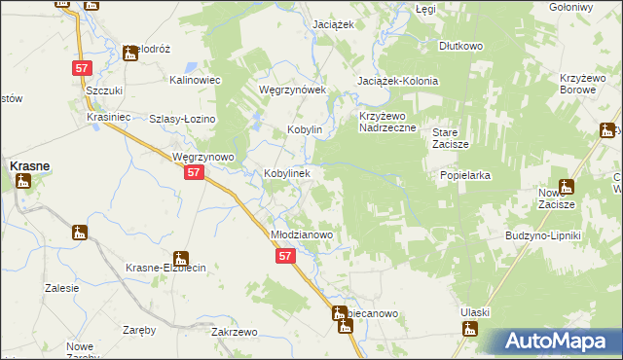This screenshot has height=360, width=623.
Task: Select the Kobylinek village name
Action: [x=287, y=173]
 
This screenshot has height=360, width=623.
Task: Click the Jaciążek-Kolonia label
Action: [x=398, y=81]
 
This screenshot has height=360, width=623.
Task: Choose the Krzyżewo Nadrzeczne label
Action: [x=387, y=122]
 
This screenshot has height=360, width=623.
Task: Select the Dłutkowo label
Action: [x=460, y=46]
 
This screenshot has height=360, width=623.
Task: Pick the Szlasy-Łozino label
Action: [x=182, y=119]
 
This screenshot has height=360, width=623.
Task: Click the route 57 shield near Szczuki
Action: [x=82, y=68]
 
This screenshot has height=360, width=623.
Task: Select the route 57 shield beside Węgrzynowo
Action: [x=195, y=172]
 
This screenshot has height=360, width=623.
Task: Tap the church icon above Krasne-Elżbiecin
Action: [x=80, y=234]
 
